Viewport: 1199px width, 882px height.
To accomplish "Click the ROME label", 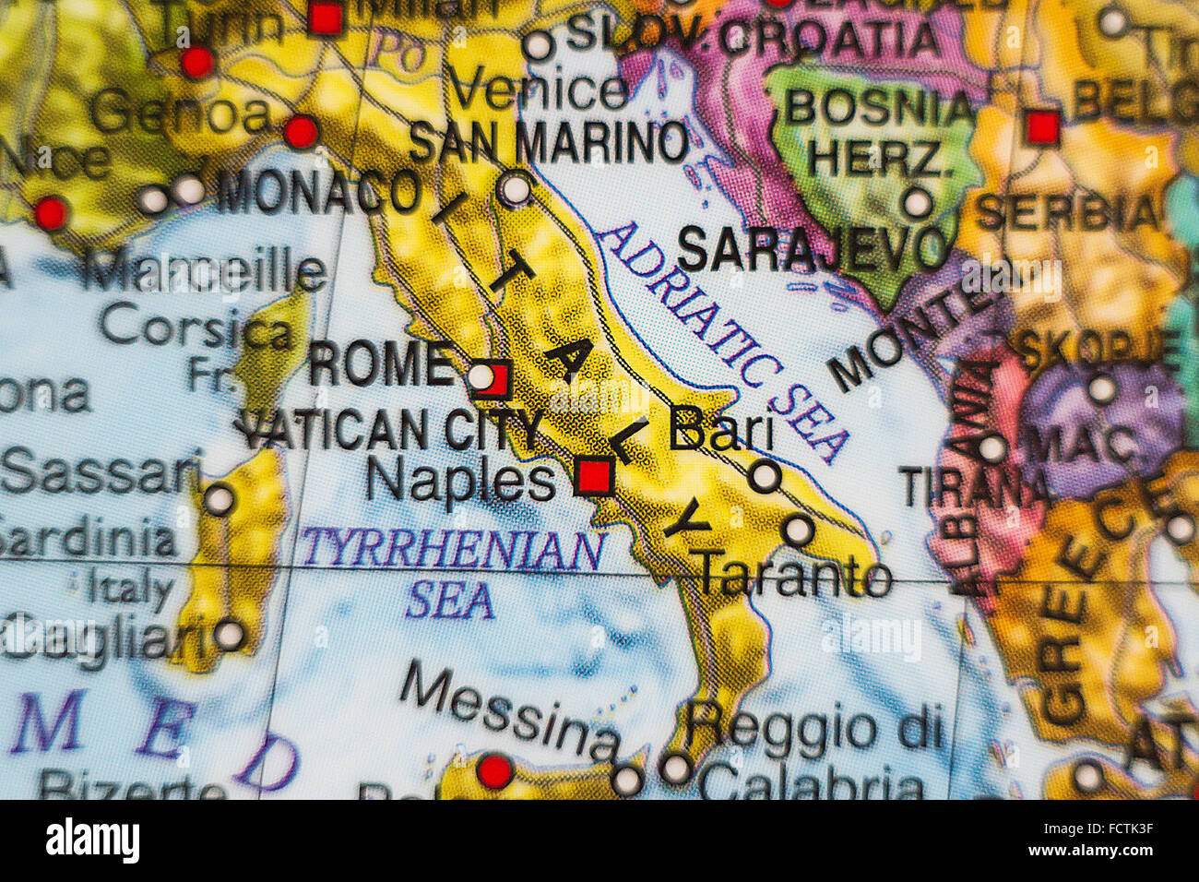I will pos(380,364).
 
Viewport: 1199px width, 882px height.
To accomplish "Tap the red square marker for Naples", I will pos(593,476).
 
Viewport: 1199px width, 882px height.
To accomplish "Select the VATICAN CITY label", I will pos(393,430).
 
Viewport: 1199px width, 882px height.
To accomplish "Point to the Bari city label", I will pos(720,428).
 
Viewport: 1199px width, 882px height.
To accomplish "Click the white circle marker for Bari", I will pos(764,476).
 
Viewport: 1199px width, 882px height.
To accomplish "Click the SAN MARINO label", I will pos(548,143).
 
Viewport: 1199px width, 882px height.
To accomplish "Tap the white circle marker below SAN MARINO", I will pos(516,188).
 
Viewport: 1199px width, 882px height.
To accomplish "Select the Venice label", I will pos(539,90).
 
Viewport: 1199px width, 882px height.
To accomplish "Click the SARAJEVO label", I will pos(813,247).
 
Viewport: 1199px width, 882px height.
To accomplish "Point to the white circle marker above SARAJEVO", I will pos(917,202).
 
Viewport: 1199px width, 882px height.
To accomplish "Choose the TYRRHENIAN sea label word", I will pos(453,550).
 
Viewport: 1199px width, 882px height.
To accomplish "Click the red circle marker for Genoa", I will pos(301,132).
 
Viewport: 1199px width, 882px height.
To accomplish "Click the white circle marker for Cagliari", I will pos(229,635).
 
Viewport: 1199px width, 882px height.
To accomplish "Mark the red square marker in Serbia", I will pos(1042,126).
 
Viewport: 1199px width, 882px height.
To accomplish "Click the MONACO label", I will pos(319,193).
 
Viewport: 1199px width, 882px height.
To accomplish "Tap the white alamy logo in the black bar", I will pos(92,840).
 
